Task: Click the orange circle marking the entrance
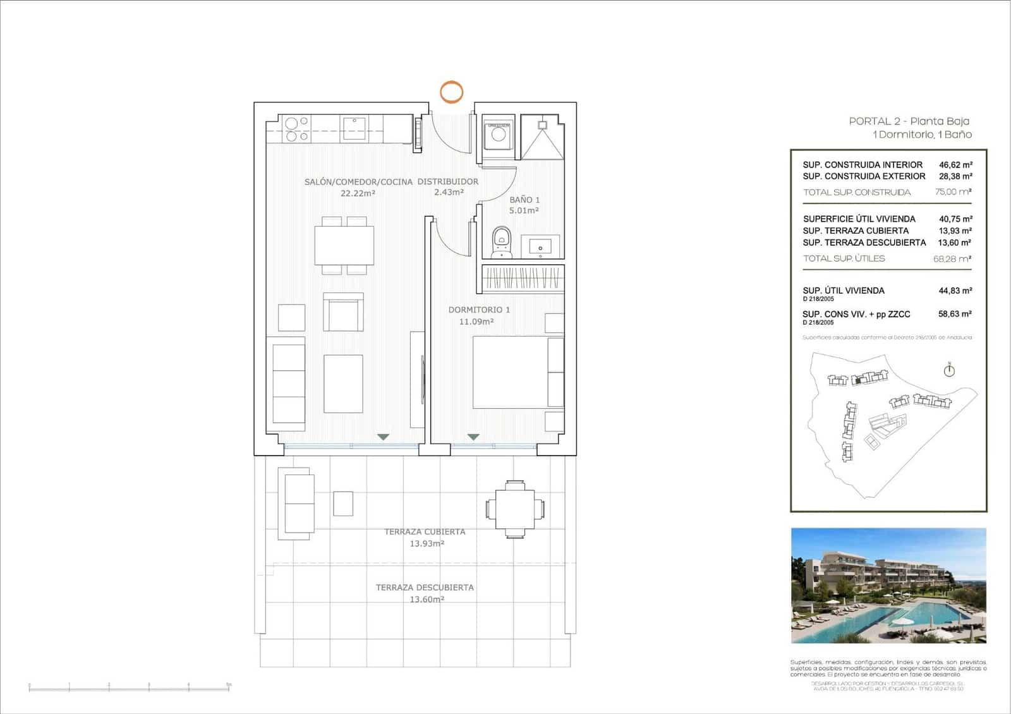[451, 92]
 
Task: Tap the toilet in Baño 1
[501, 243]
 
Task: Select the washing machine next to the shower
[498, 134]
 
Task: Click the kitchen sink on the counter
[354, 128]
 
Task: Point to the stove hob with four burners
[296, 129]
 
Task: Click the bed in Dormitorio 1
[518, 372]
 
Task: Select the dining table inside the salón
[344, 245]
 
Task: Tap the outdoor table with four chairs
[515, 509]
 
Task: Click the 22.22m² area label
[358, 193]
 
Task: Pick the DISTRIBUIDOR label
[448, 181]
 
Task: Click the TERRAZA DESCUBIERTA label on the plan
[425, 588]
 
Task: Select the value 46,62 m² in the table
[955, 165]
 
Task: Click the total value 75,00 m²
[953, 192]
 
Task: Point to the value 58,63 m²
[955, 314]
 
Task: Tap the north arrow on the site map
[949, 370]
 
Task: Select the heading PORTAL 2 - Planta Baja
[909, 121]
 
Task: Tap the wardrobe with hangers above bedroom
[523, 278]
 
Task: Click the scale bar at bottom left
[130, 687]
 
